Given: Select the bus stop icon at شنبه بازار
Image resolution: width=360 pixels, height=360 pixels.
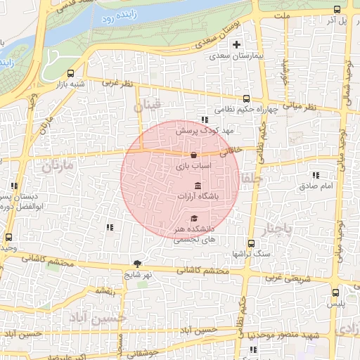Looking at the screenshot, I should tap(70, 73).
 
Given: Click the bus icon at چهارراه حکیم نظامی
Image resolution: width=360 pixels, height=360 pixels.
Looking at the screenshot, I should tap(246, 99).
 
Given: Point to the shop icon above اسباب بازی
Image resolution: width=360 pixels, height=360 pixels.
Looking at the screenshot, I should tap(193, 155).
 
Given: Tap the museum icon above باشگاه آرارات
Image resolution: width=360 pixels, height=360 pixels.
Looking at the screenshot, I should tap(196, 186).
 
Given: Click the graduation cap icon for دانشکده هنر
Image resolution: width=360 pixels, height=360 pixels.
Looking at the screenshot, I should tap(194, 218).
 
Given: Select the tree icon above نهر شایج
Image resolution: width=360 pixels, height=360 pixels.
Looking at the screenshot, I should tap(137, 264).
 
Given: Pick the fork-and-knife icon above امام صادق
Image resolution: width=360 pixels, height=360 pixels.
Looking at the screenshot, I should tap(316, 175).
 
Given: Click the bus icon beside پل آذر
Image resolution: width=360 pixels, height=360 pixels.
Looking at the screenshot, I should tap(337, 10).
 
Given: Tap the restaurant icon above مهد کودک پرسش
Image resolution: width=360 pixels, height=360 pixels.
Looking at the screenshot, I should tap(205, 120).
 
